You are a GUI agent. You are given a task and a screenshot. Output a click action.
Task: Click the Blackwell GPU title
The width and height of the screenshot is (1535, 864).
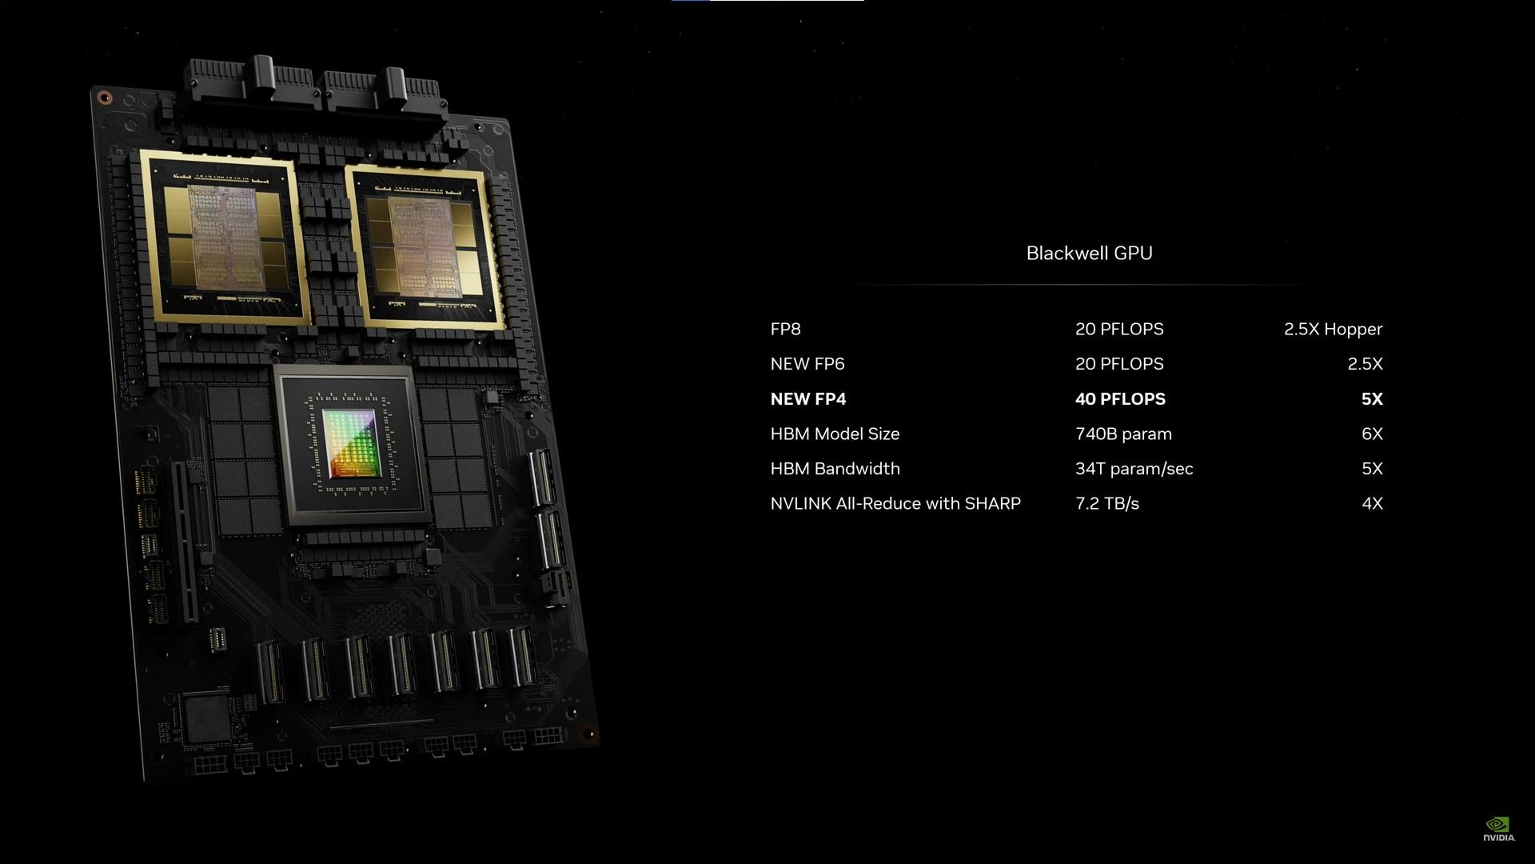1089,253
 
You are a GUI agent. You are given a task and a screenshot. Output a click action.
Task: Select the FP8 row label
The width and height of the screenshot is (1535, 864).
785,329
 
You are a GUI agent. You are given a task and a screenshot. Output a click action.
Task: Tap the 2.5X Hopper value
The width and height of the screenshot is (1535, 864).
1333,329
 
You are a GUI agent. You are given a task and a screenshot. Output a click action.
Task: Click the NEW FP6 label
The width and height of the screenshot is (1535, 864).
807,364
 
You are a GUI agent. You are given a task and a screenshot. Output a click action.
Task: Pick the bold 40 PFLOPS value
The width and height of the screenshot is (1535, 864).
1120,398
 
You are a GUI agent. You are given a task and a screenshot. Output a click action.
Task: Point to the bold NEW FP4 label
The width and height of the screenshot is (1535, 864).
807,398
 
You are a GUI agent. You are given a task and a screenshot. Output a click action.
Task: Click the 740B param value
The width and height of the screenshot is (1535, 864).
1123,434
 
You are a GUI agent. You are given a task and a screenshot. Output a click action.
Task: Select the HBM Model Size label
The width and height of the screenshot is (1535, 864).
835,434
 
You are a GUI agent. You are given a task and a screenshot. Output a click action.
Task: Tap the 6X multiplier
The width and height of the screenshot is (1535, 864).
1372,434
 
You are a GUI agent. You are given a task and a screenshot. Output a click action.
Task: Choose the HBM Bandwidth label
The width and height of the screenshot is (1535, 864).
835,469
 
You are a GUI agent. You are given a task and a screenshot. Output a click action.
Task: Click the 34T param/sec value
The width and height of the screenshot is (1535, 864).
1134,469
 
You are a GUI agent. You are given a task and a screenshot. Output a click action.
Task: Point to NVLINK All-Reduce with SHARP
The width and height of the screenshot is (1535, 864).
895,503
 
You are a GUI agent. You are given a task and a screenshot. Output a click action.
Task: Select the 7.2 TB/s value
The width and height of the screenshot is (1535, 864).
1107,503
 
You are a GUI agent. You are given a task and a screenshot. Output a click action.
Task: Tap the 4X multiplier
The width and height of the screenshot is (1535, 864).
1372,503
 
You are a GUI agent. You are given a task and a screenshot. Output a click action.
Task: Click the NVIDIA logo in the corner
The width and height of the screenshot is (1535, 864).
1498,829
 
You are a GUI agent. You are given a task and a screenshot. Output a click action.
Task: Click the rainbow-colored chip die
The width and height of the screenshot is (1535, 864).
349,443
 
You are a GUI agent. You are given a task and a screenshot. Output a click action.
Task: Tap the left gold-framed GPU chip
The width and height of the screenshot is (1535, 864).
225,238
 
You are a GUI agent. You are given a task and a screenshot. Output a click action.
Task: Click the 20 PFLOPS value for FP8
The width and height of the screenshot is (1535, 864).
1119,329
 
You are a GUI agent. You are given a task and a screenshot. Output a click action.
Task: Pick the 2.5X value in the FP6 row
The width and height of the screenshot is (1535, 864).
1365,364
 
